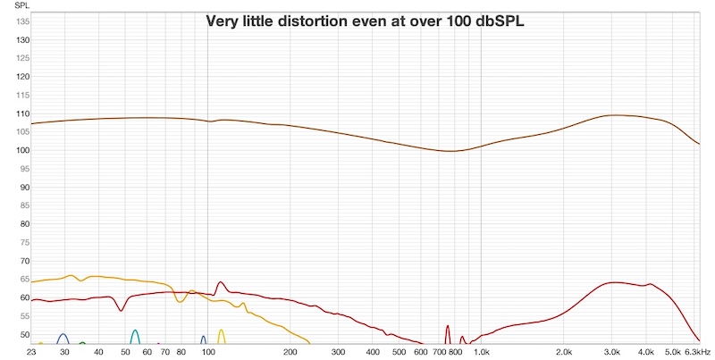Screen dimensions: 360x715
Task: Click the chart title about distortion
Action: pyautogui.click(x=365, y=21)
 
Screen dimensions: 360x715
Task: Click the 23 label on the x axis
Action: pyautogui.click(x=32, y=352)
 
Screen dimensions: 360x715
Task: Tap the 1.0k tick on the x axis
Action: pyautogui.click(x=481, y=352)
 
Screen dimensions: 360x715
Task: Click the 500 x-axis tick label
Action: pyautogui.click(x=399, y=352)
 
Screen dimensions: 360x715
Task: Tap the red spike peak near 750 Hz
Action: pyautogui.click(x=447, y=326)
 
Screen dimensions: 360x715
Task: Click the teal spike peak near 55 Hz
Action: pyautogui.click(x=135, y=331)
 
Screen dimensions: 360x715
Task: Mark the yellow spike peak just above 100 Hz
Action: pyautogui.click(x=221, y=331)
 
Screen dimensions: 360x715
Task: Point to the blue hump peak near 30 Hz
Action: pyautogui.click(x=63, y=334)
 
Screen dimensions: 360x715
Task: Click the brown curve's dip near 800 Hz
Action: pyautogui.click(x=451, y=151)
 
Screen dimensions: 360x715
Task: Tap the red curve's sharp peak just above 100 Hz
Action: pyautogui.click(x=220, y=282)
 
